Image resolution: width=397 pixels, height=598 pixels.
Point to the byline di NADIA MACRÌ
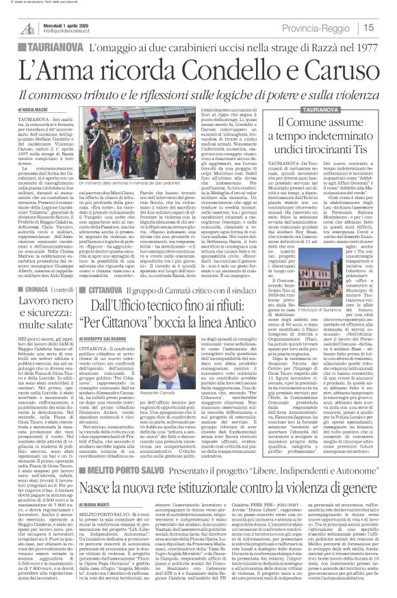pos(33,109)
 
